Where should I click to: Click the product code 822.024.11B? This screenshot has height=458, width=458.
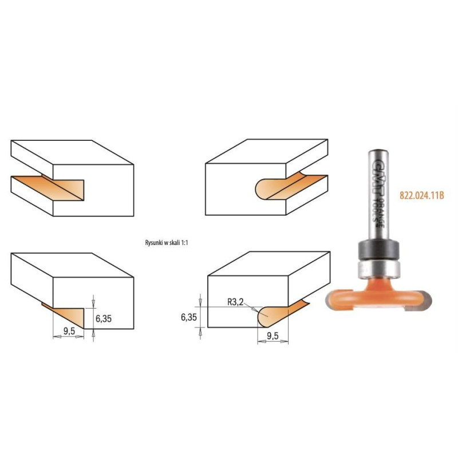tap(422, 195)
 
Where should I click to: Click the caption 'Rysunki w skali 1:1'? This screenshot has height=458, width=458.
tap(167, 243)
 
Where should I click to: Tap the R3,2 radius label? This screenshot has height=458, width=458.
tap(235, 302)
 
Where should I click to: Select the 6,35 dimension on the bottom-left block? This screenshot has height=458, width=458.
tap(104, 318)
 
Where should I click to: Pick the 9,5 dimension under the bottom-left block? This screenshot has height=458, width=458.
tap(69, 331)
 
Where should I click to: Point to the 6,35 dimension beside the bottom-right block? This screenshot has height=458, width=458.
tap(189, 317)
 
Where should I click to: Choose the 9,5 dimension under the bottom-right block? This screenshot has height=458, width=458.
tap(273, 336)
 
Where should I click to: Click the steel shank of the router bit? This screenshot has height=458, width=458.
tap(378, 195)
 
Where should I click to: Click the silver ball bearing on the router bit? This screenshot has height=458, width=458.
tap(378, 269)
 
